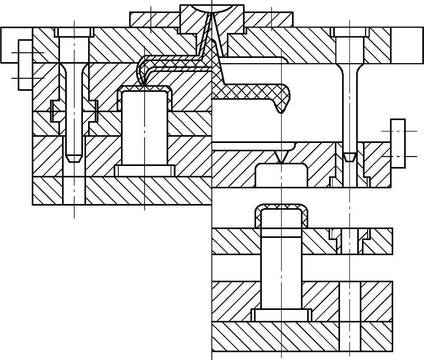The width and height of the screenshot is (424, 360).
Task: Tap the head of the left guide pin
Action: click(75, 32)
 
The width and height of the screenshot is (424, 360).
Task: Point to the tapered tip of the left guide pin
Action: click(75, 155)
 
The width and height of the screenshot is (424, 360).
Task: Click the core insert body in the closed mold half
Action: click(144, 128)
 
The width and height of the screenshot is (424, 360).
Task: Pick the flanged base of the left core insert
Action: click(144, 171)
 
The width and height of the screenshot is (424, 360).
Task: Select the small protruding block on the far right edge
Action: click(398, 143)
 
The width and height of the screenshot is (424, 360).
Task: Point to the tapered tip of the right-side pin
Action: click(350, 156)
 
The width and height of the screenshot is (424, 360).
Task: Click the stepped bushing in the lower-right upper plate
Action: click(350, 238)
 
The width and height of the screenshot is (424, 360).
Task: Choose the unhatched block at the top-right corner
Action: click(407, 44)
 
